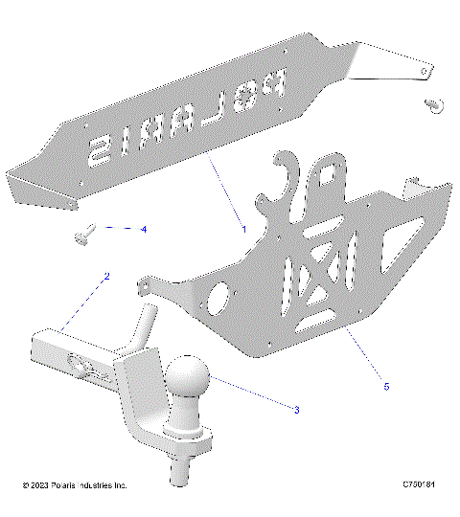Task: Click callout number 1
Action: pyautogui.click(x=244, y=229)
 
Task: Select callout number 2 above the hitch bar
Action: pyautogui.click(x=106, y=277)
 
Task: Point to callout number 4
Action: pyautogui.click(x=144, y=230)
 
